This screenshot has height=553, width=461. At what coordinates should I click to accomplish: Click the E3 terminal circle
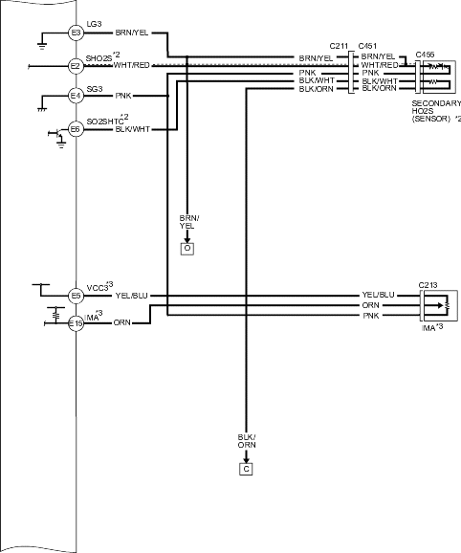76,33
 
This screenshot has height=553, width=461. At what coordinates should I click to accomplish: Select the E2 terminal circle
76,66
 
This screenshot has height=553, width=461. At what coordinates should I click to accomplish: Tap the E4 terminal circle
76,96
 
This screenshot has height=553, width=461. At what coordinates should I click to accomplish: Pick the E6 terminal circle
76,129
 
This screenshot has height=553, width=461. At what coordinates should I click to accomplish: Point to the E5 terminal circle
76,296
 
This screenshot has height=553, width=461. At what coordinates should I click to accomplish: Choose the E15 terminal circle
76,323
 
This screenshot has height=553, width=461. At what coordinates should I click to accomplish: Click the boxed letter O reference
187,249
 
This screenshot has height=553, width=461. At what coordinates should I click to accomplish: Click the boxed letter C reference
246,469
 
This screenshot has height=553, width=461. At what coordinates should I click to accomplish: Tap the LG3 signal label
94,24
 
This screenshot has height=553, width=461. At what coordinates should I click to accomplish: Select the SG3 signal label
95,89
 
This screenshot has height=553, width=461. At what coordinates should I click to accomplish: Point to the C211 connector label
339,46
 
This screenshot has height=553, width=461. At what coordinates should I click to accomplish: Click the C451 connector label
367,46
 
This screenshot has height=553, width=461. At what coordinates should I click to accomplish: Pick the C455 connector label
425,55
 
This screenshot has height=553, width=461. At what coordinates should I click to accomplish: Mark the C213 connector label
428,285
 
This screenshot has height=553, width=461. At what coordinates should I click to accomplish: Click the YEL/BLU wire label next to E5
131,296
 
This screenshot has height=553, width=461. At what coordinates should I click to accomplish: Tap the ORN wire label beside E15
122,322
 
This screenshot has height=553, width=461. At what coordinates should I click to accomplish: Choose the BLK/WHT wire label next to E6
133,129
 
